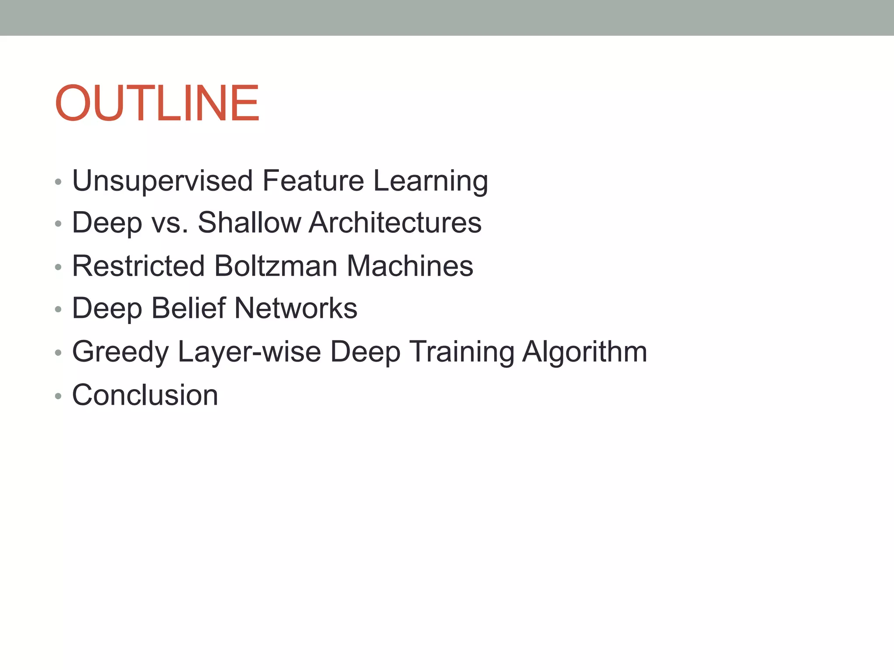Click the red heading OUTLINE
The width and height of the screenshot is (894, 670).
(157, 103)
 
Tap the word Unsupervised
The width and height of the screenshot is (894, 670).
(162, 181)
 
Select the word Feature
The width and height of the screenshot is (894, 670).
(313, 181)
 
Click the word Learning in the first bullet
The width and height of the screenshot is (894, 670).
(430, 181)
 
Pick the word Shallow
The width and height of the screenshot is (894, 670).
(249, 223)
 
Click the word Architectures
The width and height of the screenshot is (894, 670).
(395, 223)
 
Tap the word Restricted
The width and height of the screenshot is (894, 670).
(138, 266)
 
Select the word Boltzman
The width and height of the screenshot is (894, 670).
(276, 266)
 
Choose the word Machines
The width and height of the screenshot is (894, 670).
(410, 266)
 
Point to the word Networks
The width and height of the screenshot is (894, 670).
(296, 308)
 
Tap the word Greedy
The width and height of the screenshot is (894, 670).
(120, 352)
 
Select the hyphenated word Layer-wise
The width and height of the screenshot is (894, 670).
(249, 352)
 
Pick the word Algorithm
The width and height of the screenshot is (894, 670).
(585, 352)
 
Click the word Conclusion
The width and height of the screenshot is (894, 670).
(145, 395)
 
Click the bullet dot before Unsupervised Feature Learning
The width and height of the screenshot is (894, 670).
(58, 182)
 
